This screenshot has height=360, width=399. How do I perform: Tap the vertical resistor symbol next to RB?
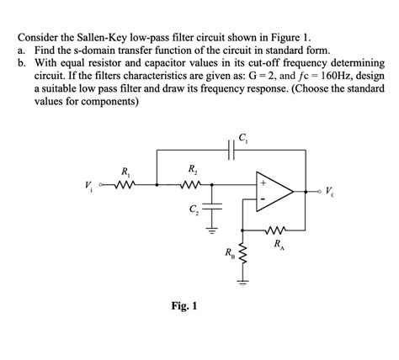pyautogui.click(x=242, y=252)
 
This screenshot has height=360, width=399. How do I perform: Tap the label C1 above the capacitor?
pyautogui.click(x=242, y=138)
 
